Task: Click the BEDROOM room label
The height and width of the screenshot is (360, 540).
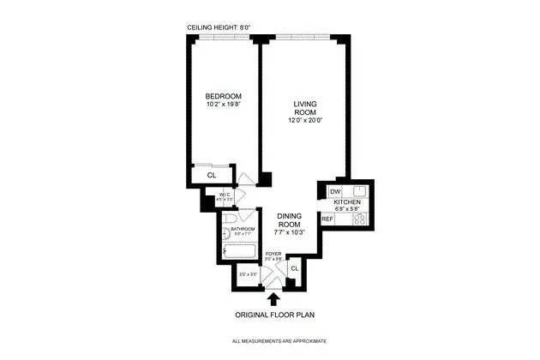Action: [x=223, y=95]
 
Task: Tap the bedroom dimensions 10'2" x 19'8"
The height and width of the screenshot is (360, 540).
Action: [x=223, y=105]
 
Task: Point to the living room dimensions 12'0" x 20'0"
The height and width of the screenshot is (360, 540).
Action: [x=304, y=120]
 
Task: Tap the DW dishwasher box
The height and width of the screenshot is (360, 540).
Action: [x=336, y=191]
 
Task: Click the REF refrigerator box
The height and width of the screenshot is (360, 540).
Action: [x=327, y=219]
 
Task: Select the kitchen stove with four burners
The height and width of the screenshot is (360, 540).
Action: [x=360, y=219]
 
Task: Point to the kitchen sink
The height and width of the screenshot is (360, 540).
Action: [x=359, y=190]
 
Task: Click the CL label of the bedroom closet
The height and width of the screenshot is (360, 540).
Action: [x=211, y=175]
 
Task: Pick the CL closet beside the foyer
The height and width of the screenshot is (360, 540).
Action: [x=293, y=269]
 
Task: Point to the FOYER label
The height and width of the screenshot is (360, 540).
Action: [x=273, y=254]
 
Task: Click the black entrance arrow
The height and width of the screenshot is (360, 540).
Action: [x=273, y=299]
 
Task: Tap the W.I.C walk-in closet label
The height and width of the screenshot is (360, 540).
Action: [x=225, y=196]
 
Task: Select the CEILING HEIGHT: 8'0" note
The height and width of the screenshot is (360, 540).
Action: [x=219, y=27]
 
